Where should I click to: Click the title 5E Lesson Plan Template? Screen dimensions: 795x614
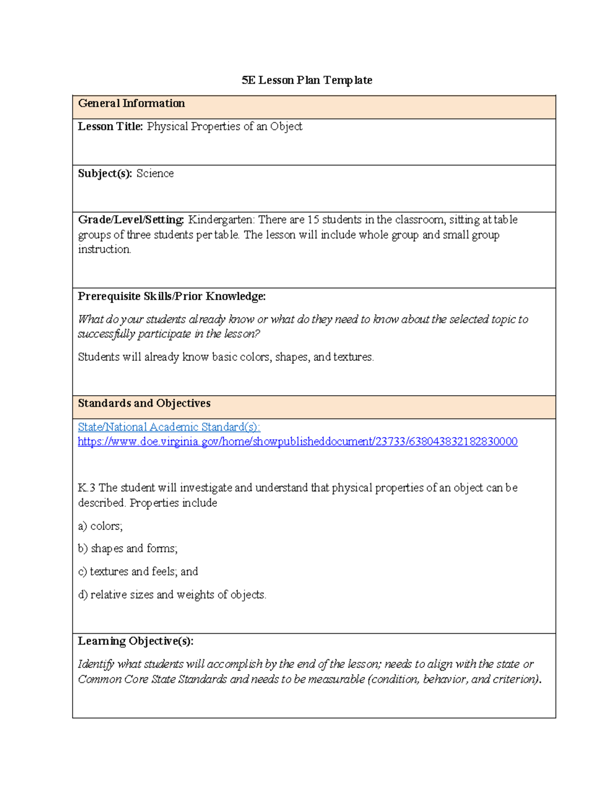pos(306,80)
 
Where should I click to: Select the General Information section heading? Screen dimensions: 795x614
pos(131,103)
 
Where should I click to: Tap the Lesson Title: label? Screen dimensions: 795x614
pos(110,126)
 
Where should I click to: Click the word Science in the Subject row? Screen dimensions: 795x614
pos(155,174)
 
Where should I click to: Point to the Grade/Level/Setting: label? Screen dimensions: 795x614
pos(131,220)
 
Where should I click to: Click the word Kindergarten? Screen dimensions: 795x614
pos(221,220)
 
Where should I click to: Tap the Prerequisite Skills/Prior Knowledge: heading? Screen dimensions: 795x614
pos(171,296)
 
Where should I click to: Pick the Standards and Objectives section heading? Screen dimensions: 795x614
pos(144,403)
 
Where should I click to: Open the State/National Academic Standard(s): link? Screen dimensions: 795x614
pos(169,427)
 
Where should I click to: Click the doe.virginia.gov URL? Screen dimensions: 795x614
pos(297,442)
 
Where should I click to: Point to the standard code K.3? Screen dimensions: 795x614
pos(86,488)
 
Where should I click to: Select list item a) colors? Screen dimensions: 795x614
pos(100,526)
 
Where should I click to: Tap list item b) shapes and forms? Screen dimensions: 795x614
pos(127,549)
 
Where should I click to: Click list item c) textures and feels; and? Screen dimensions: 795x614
pos(138,572)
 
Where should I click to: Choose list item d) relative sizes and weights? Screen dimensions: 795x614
pos(172,595)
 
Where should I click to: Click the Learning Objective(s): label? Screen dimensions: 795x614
pos(135,641)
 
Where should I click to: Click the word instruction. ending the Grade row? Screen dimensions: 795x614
pos(104,250)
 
